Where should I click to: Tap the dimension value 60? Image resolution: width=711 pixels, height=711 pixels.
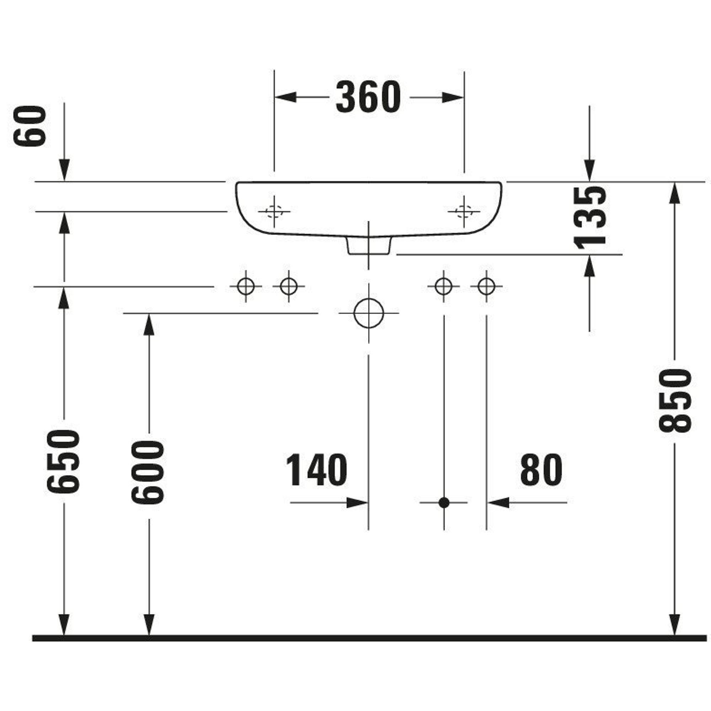pyautogui.click(x=30, y=126)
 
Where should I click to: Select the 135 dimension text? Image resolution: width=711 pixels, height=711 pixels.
pyautogui.click(x=589, y=217)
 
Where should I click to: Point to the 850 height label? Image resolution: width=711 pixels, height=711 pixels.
pyautogui.click(x=675, y=401)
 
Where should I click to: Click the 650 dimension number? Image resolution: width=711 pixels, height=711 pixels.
pyautogui.click(x=64, y=461)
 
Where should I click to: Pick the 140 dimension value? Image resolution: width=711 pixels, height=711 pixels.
pyautogui.click(x=316, y=470)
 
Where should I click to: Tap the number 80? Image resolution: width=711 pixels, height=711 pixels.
pyautogui.click(x=541, y=470)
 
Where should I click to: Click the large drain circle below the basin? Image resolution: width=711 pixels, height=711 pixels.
pyautogui.click(x=368, y=313)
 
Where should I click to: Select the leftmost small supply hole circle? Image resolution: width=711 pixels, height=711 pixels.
pyautogui.click(x=246, y=286)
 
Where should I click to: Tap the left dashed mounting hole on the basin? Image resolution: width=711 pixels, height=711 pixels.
pyautogui.click(x=274, y=212)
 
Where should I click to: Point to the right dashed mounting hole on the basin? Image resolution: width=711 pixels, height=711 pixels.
pyautogui.click(x=464, y=212)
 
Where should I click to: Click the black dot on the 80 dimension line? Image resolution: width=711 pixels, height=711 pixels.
pyautogui.click(x=444, y=502)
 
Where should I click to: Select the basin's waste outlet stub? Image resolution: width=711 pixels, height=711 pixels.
pyautogui.click(x=368, y=245)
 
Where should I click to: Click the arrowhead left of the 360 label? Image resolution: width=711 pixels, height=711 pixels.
pyautogui.click(x=285, y=97)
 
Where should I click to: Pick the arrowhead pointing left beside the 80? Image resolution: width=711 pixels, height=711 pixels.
pyautogui.click(x=499, y=502)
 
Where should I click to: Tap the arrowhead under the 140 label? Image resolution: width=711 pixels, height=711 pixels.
pyautogui.click(x=357, y=502)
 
